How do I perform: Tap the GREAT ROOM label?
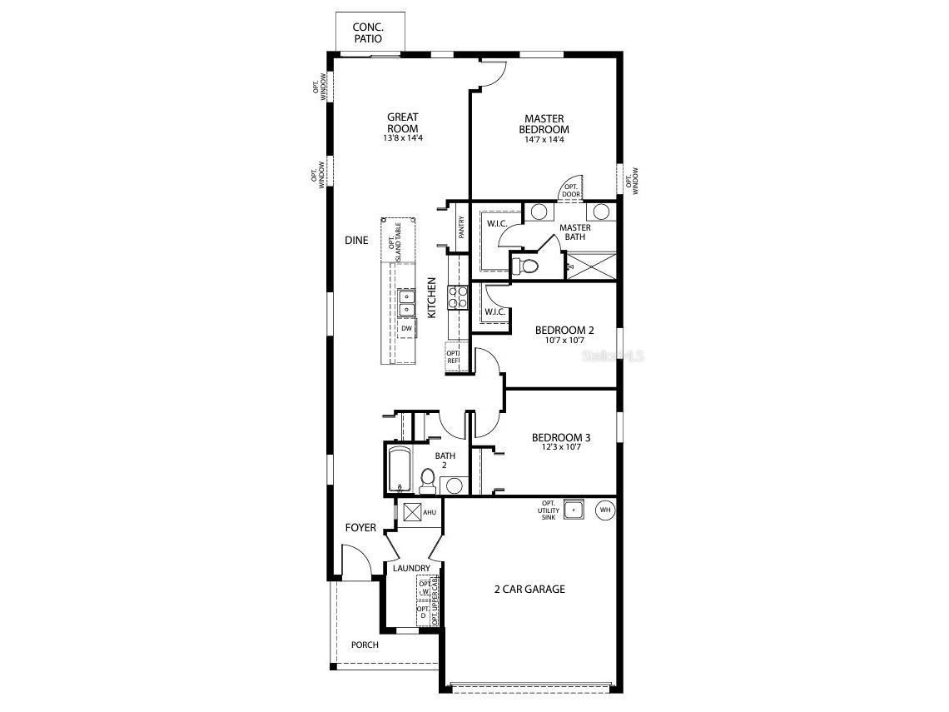(x=402, y=122)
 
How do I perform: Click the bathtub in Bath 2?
(x=400, y=471)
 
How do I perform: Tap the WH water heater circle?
(x=605, y=509)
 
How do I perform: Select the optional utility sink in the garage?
(x=574, y=509)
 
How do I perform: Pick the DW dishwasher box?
(x=406, y=329)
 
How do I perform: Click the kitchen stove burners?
(x=458, y=297)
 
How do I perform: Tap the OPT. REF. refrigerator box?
(x=454, y=356)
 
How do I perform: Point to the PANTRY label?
(x=460, y=228)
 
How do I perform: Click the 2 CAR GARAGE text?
(x=529, y=590)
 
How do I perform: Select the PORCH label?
(x=365, y=645)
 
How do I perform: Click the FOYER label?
(x=360, y=528)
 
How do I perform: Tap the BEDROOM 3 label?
(x=561, y=438)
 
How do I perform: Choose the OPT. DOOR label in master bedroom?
(x=570, y=191)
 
